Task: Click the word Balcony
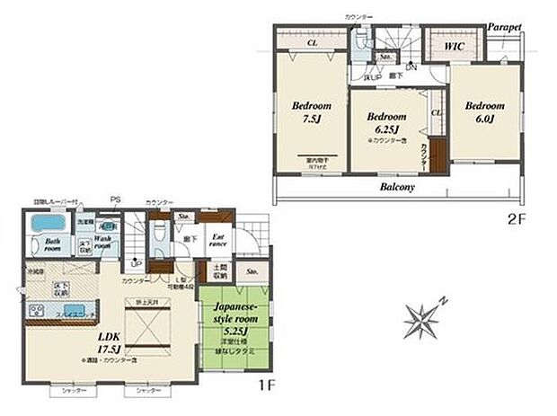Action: [x=395, y=188]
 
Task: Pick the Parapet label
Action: [x=504, y=28]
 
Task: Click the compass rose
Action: [x=421, y=318]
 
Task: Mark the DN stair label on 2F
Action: [x=411, y=67]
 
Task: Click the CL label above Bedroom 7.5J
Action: [x=310, y=41]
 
